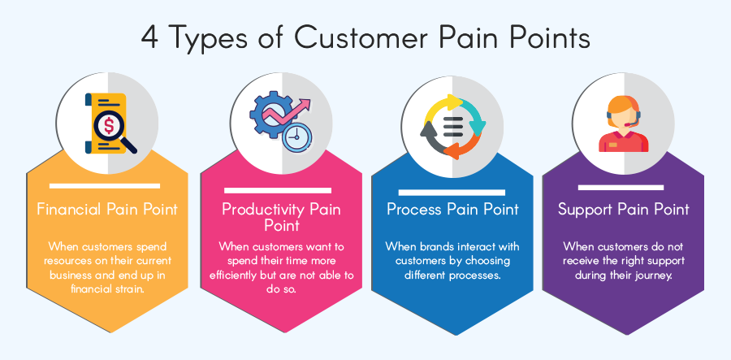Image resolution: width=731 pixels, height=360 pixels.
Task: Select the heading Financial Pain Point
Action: [x=107, y=209]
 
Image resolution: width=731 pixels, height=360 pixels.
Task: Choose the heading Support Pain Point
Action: [x=623, y=209]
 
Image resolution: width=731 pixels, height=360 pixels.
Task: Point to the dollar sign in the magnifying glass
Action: [x=108, y=125]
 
